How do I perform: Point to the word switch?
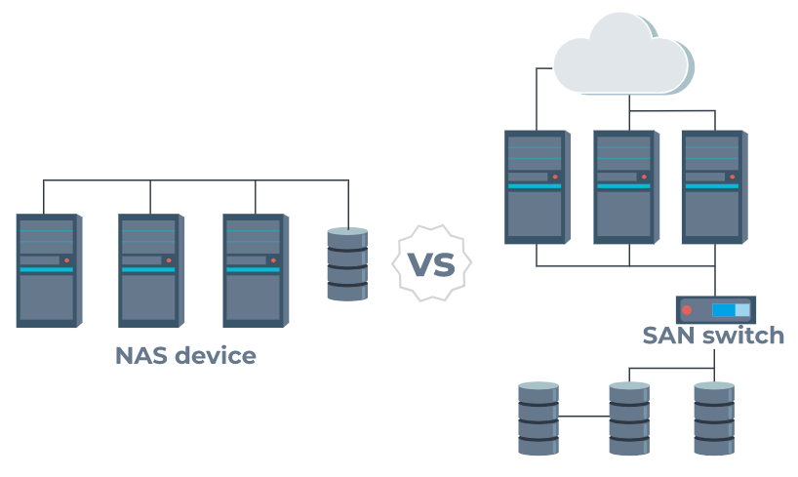[x=747, y=336]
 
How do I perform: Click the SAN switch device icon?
[x=715, y=310]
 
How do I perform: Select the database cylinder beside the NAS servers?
[x=347, y=263]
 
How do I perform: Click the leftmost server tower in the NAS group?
[x=47, y=270]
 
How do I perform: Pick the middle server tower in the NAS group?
[x=149, y=270]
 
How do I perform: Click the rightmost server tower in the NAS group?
[x=254, y=270]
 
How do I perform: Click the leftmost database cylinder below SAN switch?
[x=538, y=417]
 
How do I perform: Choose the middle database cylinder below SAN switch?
[x=629, y=417]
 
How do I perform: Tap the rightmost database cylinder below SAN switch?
[x=714, y=417]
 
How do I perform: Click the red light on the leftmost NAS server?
[x=65, y=260]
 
